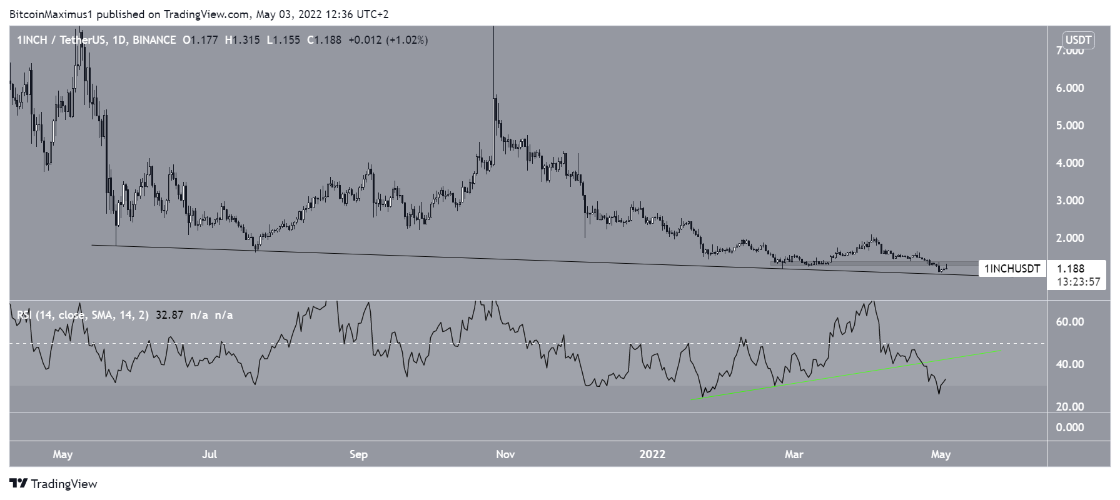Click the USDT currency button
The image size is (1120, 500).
[1078, 41]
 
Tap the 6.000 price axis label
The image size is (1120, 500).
[1070, 88]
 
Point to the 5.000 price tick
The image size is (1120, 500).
[1070, 126]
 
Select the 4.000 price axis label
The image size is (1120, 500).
[1070, 163]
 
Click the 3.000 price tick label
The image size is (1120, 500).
[1070, 201]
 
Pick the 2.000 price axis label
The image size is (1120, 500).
[1070, 238]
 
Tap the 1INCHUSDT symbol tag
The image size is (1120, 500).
[1012, 269]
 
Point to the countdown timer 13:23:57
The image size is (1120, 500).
[1078, 282]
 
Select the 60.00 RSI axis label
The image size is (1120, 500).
[1070, 322]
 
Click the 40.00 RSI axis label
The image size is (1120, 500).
[1070, 364]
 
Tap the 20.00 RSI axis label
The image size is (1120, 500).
[1070, 407]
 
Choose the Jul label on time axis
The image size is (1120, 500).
[209, 454]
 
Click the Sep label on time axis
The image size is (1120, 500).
[358, 454]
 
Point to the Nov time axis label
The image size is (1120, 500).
[505, 454]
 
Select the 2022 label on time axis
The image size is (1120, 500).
[652, 454]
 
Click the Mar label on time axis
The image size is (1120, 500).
[794, 454]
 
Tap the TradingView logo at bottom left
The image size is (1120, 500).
[54, 484]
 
